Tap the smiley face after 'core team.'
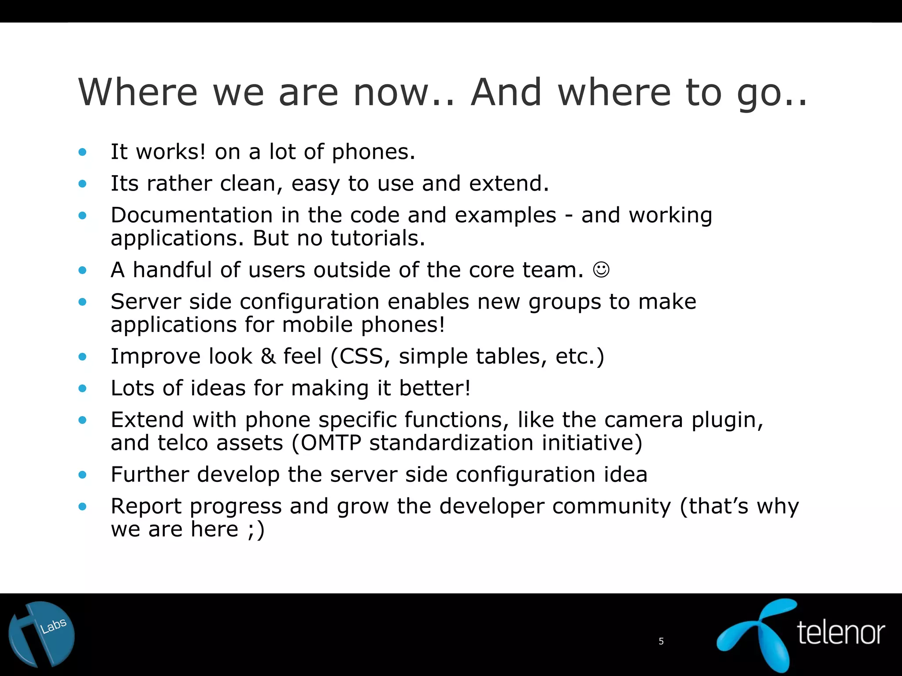pos(601,270)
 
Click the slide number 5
pos(661,641)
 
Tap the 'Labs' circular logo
pos(42,634)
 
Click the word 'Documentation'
pos(192,215)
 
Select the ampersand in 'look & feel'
pos(268,356)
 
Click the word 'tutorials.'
pos(378,238)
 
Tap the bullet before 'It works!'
pos(82,153)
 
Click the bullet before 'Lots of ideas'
pos(82,389)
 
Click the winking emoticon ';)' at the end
pos(256,529)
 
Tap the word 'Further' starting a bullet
pos(150,474)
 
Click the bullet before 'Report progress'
pos(82,507)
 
